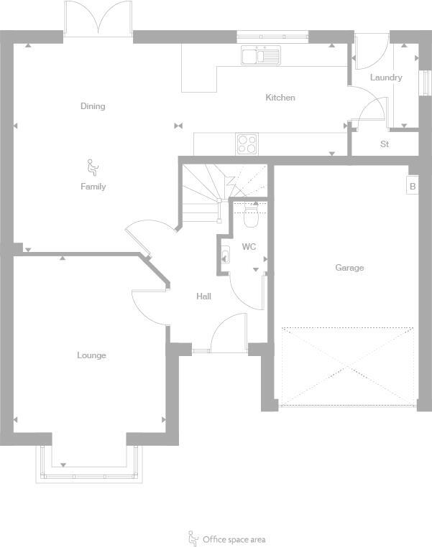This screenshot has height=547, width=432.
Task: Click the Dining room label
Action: click(x=93, y=106)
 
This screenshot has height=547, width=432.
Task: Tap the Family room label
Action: click(x=93, y=187)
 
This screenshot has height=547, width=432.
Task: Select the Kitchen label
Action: click(x=280, y=98)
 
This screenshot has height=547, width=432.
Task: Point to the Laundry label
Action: click(x=386, y=78)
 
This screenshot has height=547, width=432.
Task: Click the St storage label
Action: click(x=385, y=144)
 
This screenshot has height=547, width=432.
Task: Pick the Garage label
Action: click(x=349, y=268)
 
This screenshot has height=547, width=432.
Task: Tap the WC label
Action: click(x=249, y=247)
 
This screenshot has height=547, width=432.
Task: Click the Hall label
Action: click(x=203, y=296)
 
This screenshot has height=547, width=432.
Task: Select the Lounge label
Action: click(x=91, y=355)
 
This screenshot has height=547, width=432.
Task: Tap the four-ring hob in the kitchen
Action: click(x=247, y=144)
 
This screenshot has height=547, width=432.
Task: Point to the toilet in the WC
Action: click(x=251, y=215)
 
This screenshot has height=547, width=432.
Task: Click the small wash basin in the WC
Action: click(x=225, y=253)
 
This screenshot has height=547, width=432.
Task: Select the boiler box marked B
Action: click(x=412, y=187)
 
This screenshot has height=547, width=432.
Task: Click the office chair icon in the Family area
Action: click(x=92, y=168)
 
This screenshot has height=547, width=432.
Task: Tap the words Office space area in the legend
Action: click(x=234, y=539)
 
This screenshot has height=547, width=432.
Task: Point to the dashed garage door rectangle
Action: click(x=348, y=366)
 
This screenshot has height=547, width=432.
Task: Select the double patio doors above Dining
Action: click(x=98, y=18)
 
